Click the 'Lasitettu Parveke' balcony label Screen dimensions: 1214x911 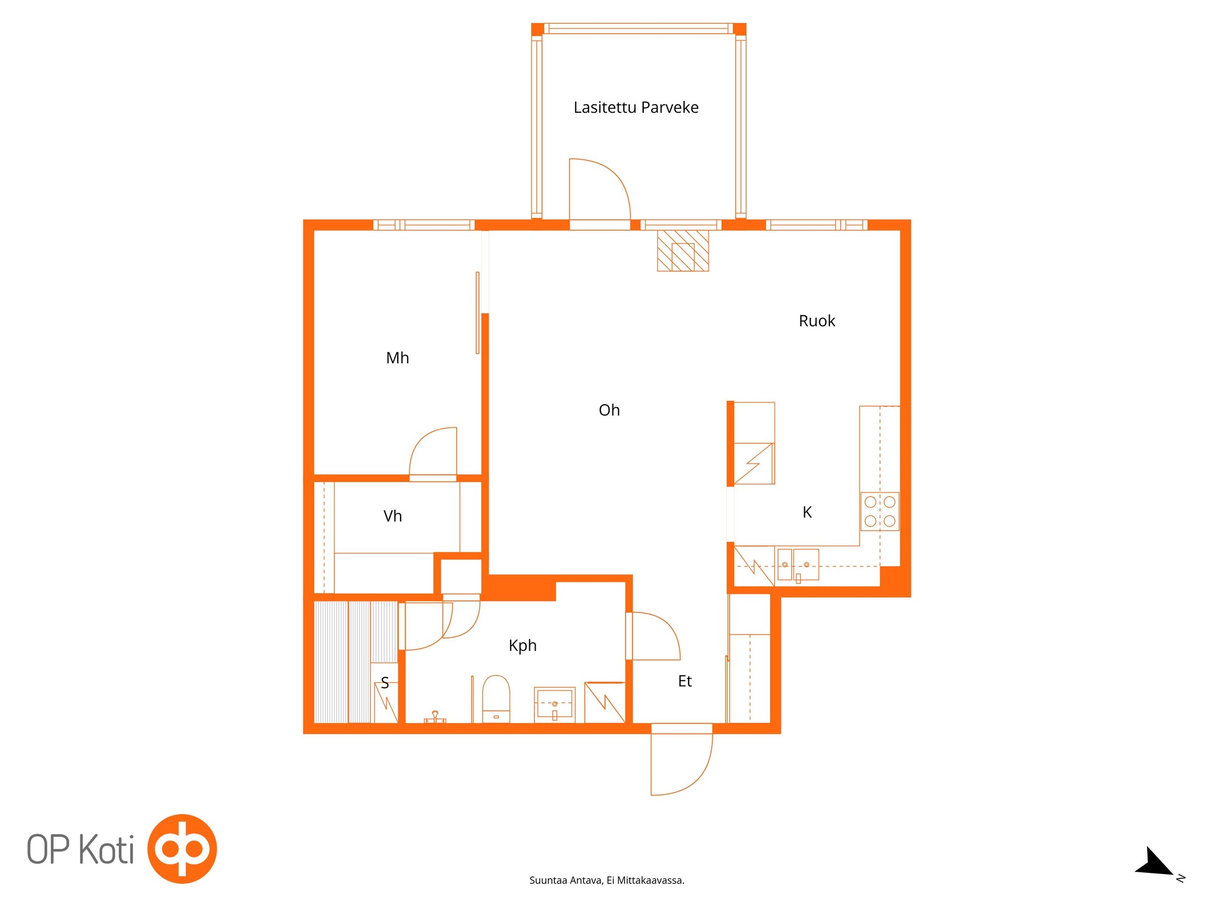[636, 108]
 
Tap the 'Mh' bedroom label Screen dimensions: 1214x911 [397, 358]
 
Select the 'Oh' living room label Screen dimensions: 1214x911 [609, 410]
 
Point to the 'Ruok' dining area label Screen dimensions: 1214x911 [817, 321]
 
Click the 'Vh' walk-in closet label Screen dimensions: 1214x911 [393, 516]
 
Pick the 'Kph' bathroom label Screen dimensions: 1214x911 [522, 646]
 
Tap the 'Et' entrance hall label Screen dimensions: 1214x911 [685, 681]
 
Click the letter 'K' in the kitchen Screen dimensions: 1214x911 [807, 512]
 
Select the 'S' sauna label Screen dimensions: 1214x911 [385, 683]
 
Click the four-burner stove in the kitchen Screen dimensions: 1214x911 [880, 511]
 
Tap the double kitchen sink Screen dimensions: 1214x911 [798, 565]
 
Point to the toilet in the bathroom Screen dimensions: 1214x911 [496, 699]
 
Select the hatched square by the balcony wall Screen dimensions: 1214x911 [683, 251]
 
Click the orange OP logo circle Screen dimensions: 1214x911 [182, 848]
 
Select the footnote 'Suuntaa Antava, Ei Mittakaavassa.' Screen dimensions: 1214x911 [607, 880]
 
